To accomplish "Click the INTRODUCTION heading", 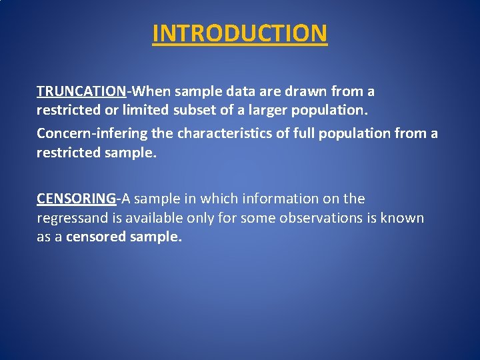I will [240, 33].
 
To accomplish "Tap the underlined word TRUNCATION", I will [81, 91].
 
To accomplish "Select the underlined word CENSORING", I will [76, 199].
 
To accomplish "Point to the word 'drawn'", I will [306, 91].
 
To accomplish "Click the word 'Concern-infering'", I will [92, 134].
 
